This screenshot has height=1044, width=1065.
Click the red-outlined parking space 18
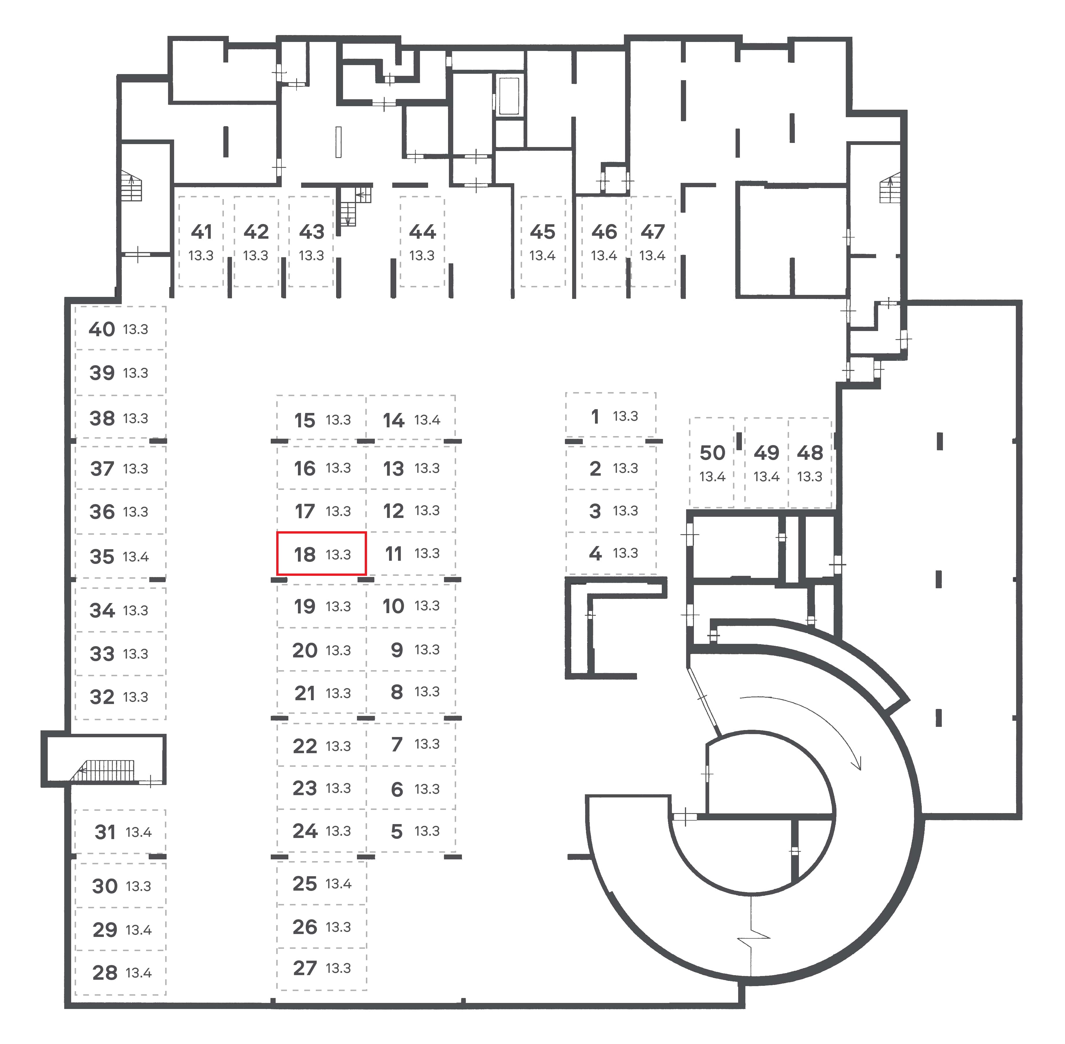click(321, 553)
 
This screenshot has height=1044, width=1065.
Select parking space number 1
click(611, 415)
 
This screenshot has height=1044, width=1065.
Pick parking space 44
click(422, 241)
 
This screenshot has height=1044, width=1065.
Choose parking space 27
click(322, 968)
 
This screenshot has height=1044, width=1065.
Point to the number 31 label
click(105, 832)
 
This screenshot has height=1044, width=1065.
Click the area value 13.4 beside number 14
click(427, 420)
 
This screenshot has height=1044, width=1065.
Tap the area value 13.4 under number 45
click(542, 256)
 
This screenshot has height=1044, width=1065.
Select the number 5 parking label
click(397, 832)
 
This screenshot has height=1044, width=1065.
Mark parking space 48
click(810, 462)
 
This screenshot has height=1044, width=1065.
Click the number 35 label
click(102, 556)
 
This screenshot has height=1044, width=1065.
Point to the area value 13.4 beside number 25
click(338, 883)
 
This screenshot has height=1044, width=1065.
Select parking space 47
click(652, 241)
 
